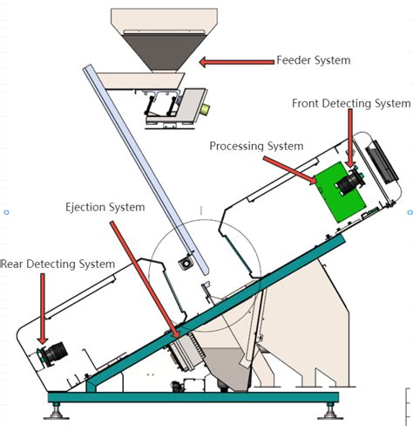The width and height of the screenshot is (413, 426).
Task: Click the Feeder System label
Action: click(x=313, y=60)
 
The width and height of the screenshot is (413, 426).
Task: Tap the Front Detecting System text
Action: click(x=349, y=103)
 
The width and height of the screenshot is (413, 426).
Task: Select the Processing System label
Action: click(x=256, y=146)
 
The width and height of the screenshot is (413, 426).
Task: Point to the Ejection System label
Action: click(x=105, y=207)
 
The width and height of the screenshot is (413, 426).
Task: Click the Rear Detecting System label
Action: click(x=58, y=264)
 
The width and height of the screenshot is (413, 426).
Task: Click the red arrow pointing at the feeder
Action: click(x=234, y=62)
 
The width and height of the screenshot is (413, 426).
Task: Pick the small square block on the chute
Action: click(x=185, y=262)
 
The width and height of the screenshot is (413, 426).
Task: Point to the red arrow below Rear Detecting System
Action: click(x=42, y=307)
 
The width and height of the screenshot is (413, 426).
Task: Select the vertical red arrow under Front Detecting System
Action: click(x=350, y=140)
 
